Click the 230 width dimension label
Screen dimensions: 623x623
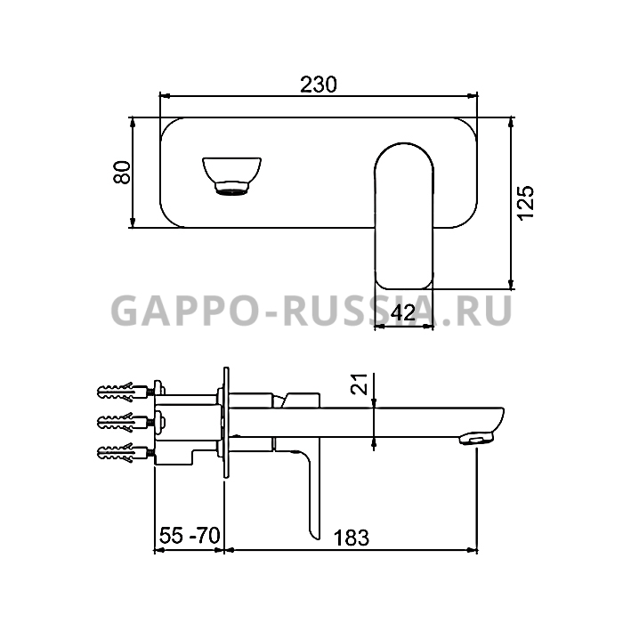[x=319, y=85]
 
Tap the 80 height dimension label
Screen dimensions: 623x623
[x=122, y=172]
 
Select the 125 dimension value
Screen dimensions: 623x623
[x=526, y=202]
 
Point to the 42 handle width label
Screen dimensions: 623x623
[x=403, y=313]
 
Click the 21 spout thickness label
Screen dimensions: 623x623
[x=360, y=384]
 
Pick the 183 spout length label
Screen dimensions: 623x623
[x=352, y=538]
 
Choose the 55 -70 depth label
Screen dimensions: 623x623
[x=190, y=535]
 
